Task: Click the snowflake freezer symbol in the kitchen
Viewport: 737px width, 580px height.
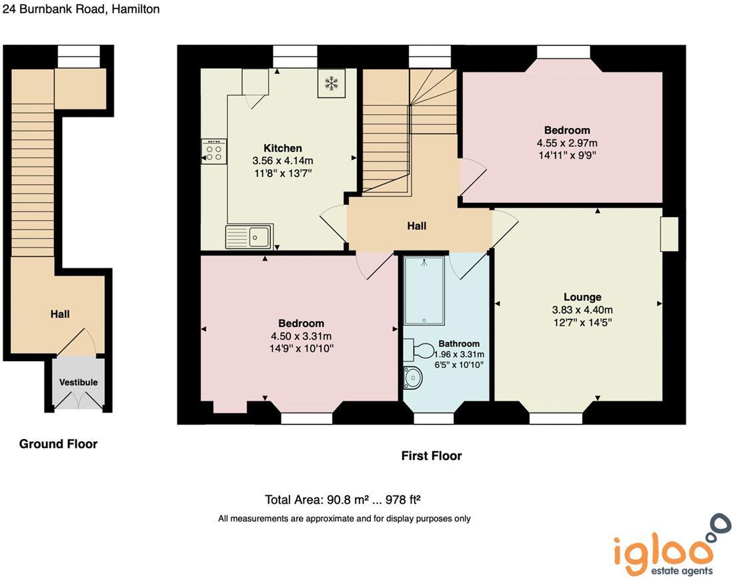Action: (x=330, y=83)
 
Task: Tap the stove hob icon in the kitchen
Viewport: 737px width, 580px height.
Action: (x=214, y=152)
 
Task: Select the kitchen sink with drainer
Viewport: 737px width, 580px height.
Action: (x=249, y=236)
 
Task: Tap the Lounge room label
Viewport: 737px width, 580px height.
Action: (x=582, y=297)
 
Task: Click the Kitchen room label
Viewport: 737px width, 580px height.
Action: (x=283, y=148)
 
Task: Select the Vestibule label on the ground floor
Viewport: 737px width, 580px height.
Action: (x=79, y=382)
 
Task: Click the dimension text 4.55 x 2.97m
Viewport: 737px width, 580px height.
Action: (x=567, y=143)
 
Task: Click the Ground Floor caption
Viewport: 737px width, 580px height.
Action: (x=58, y=444)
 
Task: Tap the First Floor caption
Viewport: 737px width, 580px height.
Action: (x=431, y=456)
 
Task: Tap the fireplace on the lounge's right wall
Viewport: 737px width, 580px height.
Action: (x=669, y=234)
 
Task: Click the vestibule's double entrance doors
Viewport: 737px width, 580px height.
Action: (x=79, y=401)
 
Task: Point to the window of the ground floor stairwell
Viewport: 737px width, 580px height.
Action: (x=79, y=57)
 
